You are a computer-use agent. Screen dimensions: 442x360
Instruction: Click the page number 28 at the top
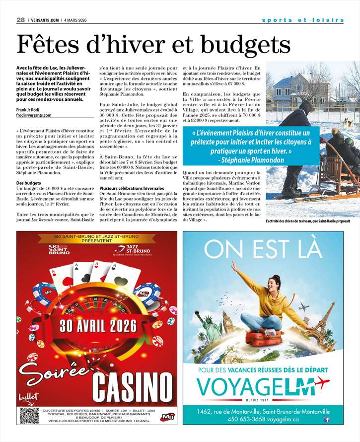tap(20, 20)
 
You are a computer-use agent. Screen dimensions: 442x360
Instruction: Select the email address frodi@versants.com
tap(33, 115)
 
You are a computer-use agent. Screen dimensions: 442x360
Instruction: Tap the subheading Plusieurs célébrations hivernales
tap(131, 189)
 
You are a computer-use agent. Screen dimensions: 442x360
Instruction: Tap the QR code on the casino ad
tap(29, 415)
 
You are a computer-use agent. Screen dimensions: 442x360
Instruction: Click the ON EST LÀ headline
tap(263, 249)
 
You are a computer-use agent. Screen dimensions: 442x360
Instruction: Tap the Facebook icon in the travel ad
tap(327, 420)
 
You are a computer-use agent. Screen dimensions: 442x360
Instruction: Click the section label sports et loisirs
tap(302, 20)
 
